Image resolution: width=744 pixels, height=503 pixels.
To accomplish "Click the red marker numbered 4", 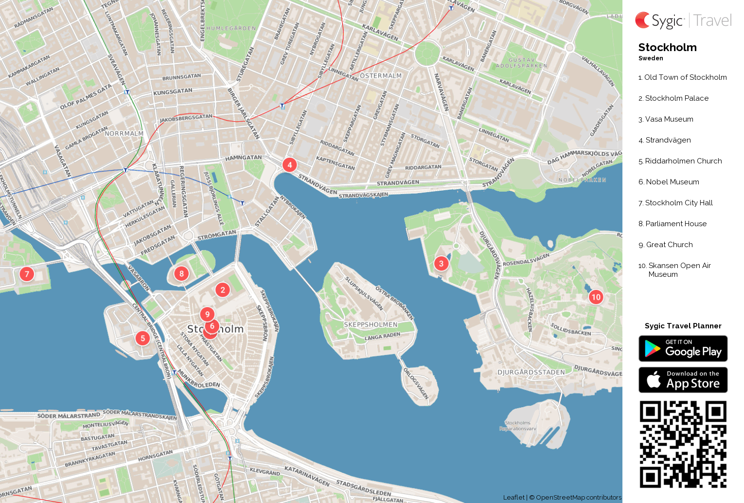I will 290,165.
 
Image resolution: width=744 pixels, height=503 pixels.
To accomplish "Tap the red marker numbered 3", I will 441,264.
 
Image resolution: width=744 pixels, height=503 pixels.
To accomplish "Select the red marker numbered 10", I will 596,297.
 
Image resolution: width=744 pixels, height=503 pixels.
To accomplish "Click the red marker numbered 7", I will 27,274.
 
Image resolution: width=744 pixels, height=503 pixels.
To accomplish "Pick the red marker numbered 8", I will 181,273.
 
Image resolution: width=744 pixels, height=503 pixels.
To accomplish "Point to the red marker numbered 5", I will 142,338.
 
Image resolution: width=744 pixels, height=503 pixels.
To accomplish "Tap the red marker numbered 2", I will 223,290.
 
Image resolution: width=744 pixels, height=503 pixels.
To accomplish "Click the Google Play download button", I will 683,349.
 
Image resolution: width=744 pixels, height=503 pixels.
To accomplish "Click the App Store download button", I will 683,380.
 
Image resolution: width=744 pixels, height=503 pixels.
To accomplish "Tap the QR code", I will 683,444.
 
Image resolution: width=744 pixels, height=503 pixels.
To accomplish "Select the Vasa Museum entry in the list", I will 669,119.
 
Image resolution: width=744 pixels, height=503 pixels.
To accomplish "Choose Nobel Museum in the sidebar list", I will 672,182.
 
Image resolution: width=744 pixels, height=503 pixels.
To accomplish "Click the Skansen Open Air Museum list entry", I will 679,269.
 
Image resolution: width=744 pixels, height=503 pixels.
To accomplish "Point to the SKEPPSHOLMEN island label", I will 371,324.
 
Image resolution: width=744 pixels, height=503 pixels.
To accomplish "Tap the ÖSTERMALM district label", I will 381,76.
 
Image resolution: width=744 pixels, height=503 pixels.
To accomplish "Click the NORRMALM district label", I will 124,133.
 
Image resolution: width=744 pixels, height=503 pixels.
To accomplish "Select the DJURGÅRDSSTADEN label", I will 531,372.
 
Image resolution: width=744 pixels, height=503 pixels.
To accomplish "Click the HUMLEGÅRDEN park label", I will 231,28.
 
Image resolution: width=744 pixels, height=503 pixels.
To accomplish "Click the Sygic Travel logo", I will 683,20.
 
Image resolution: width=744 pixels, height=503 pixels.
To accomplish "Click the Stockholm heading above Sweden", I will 667,47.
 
